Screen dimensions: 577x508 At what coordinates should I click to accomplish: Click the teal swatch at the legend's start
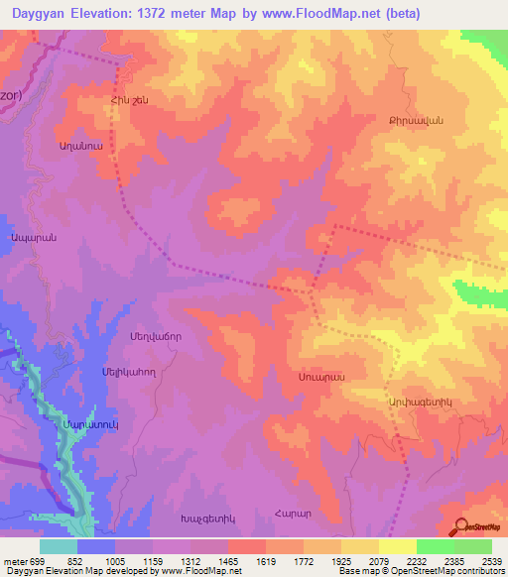pyautogui.click(x=59, y=546)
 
